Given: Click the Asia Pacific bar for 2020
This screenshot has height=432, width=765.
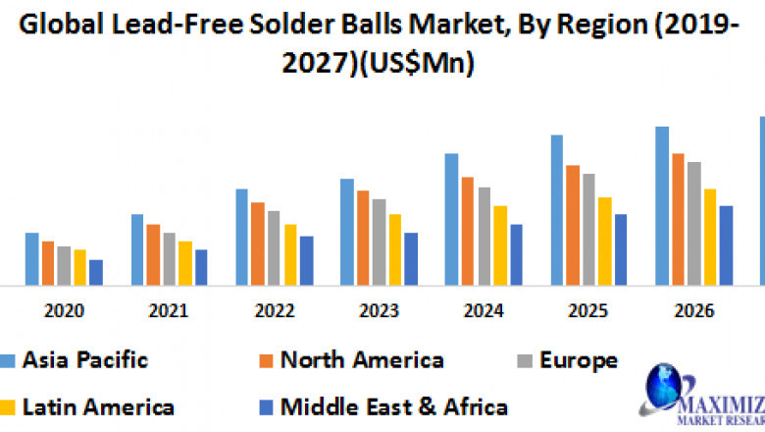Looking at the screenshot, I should click(32, 259).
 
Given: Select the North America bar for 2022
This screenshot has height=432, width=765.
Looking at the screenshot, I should click(258, 243).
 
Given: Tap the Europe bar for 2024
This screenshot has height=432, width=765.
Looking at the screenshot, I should click(484, 236).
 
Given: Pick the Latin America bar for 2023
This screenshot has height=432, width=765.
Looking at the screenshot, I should click(394, 249).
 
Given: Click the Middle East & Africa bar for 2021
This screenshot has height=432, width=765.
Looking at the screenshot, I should click(201, 267).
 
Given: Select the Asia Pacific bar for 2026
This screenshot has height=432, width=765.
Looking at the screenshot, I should click(662, 206).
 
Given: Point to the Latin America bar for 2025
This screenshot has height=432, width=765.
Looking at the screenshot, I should click(604, 242).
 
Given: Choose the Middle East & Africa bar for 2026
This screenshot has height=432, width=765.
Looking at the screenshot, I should click(726, 245).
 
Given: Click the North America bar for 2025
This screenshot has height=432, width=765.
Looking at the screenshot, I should click(572, 225).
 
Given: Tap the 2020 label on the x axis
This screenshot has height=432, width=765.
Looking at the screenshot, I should click(64, 311).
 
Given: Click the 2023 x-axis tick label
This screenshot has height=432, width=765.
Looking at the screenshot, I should click(379, 311).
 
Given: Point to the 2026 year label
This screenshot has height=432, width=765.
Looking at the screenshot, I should click(693, 311).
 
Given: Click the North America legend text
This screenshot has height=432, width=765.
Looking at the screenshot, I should click(362, 360).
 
